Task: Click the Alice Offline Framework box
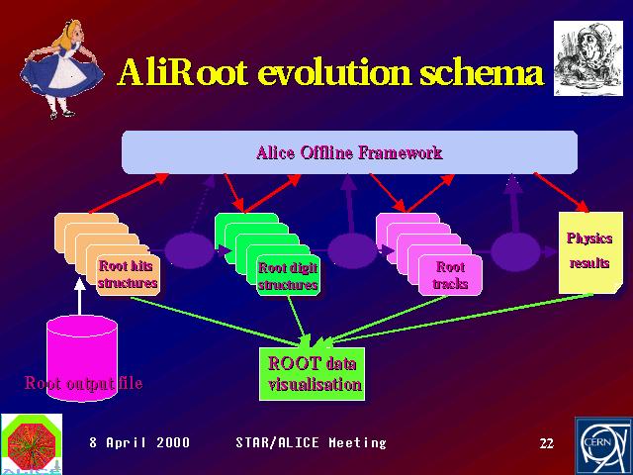pos(349,152)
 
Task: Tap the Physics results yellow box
pos(589,252)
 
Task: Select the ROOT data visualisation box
pos(313,374)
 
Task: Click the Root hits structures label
pos(128,274)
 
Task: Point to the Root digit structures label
pos(288,276)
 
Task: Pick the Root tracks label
pos(450,275)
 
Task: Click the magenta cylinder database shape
pos(82,358)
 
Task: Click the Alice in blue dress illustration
pos(61,68)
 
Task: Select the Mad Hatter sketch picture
pos(588,58)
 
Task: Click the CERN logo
pos(604,446)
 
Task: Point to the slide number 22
pos(547,443)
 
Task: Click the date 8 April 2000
pos(139,442)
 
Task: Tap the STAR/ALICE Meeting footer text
pos(311,442)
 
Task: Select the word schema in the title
pos(482,72)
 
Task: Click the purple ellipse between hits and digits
pos(189,250)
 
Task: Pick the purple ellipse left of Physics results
pos(515,252)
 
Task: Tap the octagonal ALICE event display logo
pos(32,444)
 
